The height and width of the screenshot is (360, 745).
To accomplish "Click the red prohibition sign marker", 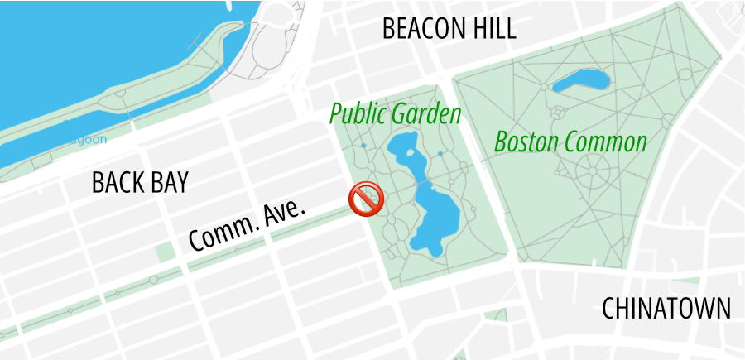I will pos(365,200).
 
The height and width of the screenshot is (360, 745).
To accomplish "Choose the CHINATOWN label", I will pos(666,309).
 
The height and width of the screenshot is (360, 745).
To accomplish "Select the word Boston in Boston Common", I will pos(527,142).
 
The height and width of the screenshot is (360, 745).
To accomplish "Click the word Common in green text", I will pos(606,142).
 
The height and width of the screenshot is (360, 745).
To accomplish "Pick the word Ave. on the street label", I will pos(284,210).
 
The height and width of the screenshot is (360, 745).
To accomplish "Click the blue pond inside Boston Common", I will pos(581,80).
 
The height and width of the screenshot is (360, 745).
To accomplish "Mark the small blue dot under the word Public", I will pos(363,146).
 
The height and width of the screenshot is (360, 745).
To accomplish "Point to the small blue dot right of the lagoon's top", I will pos(440,154).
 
